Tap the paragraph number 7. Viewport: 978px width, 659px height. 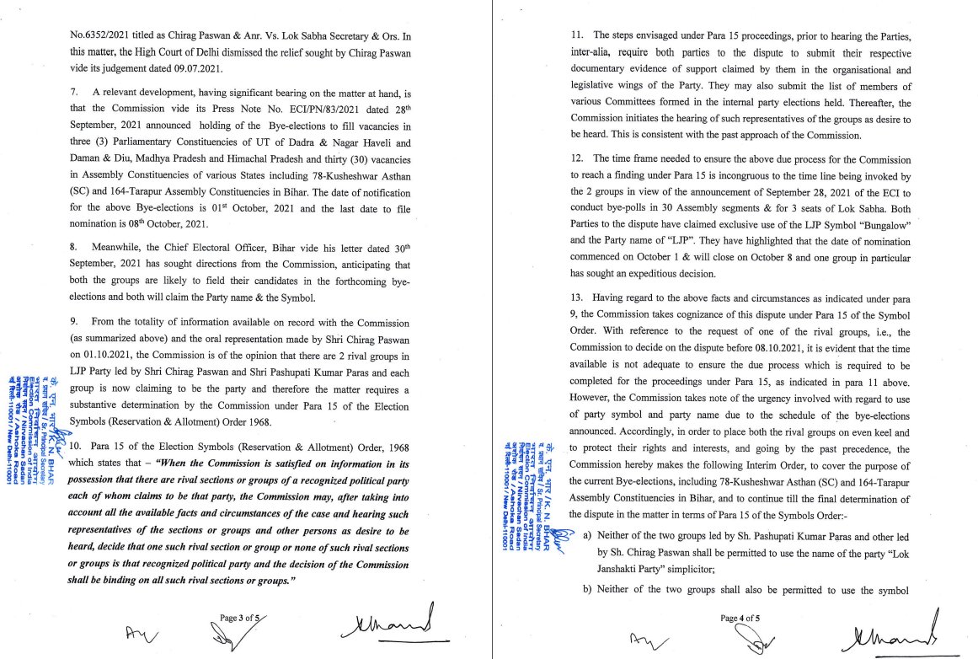[73, 90]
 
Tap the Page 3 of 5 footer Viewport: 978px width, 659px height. [238, 618]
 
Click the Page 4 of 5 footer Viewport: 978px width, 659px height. [740, 618]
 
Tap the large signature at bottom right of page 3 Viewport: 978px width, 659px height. [390, 624]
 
